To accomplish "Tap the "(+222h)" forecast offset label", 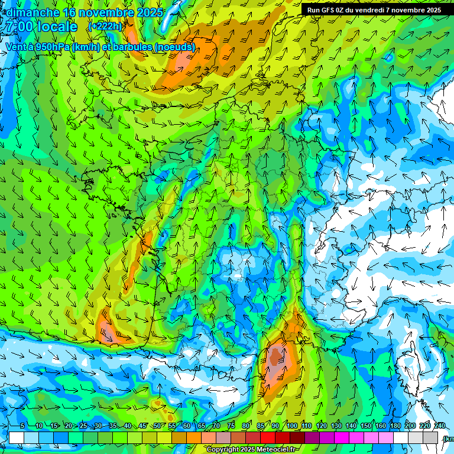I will click(105, 27).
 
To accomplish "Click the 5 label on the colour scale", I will click(22, 426).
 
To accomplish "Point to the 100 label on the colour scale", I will click(291, 426).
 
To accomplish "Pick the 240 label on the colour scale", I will click(440, 426).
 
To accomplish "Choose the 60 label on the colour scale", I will click(187, 426).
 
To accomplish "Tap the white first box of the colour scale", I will click(16, 437).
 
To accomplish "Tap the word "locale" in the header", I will click(57, 27).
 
